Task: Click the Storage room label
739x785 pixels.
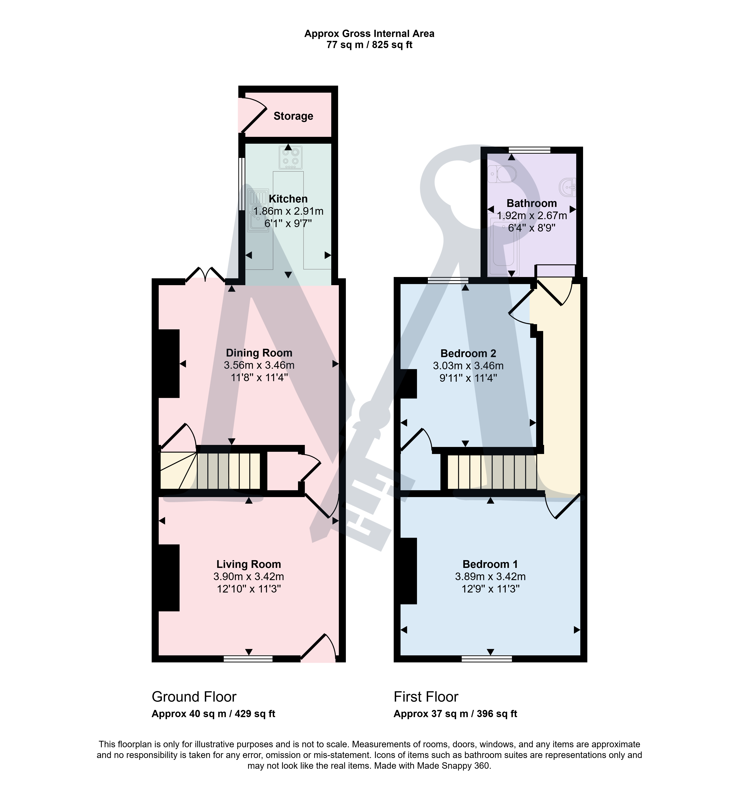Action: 293,116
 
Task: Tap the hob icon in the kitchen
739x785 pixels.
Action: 290,157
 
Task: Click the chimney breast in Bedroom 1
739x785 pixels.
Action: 409,571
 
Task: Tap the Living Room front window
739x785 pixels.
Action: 248,659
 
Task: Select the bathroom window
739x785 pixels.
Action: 529,150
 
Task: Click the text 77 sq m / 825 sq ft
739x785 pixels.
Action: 369,45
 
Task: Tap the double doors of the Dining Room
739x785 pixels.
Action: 205,274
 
